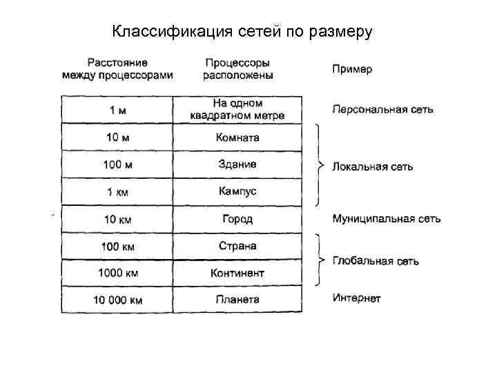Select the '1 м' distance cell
point(117,110)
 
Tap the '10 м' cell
point(117,137)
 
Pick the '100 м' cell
point(117,164)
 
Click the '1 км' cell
point(117,191)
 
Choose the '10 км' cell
point(117,219)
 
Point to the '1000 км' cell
point(117,273)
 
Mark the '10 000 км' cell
point(117,300)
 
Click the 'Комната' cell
point(237,137)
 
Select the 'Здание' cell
point(237,164)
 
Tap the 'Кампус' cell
point(237,191)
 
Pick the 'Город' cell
point(237,219)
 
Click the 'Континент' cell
point(237,273)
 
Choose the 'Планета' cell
point(237,300)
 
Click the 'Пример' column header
point(352,69)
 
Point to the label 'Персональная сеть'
point(382,110)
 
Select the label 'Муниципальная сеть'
point(387,219)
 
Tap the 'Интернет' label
point(356,298)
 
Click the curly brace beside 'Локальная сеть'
point(318,165)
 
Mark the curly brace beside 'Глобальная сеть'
point(318,260)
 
